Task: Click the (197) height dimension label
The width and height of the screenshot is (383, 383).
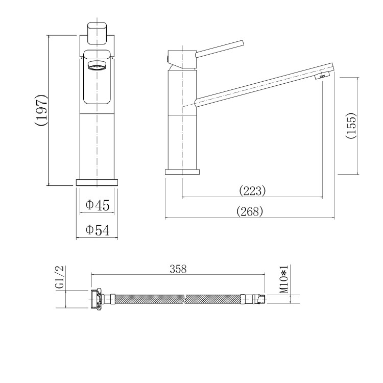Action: pos(42,110)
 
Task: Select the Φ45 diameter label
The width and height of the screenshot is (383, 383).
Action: pos(98,205)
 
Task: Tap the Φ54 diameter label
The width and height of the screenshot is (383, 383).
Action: pos(98,230)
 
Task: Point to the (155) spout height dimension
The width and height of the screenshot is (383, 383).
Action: pos(351,126)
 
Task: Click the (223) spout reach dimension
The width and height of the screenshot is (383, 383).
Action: pos(252,191)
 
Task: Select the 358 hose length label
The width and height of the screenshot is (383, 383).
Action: pos(178,269)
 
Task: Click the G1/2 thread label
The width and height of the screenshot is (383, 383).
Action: pos(59,278)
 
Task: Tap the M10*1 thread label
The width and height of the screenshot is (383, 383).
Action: pos(284,279)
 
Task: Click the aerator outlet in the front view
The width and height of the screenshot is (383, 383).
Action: pos(97,66)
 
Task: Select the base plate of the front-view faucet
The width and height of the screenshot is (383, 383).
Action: pos(97,182)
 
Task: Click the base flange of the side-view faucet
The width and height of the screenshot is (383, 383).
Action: pos(182,172)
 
